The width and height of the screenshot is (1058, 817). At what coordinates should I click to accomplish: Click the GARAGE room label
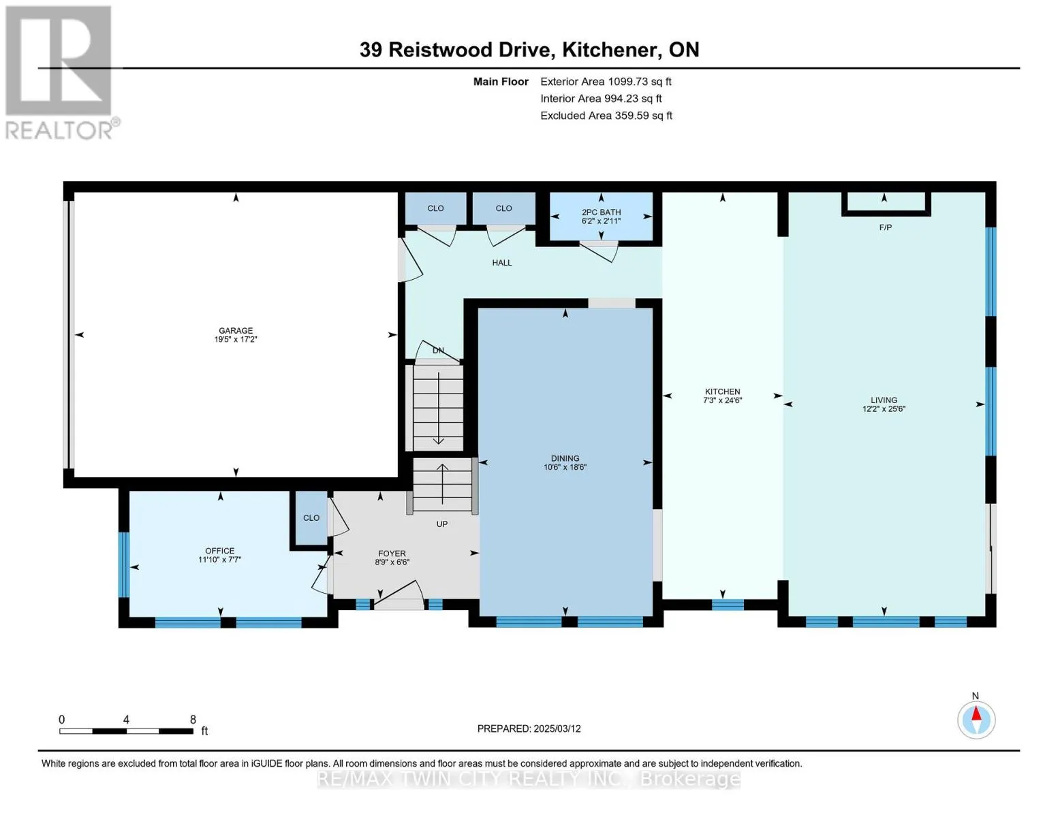(x=236, y=330)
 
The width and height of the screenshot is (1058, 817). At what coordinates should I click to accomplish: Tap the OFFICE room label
(x=219, y=551)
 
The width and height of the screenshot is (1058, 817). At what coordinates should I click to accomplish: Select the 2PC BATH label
(x=602, y=212)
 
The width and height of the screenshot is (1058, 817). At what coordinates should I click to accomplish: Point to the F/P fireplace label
(x=886, y=227)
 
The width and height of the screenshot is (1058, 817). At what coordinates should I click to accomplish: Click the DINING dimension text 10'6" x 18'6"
(x=565, y=467)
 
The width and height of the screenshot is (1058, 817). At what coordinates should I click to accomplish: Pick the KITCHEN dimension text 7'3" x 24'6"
(x=723, y=400)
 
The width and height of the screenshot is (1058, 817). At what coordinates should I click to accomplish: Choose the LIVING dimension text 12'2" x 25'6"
(x=884, y=409)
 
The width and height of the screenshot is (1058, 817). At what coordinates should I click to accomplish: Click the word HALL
(x=502, y=263)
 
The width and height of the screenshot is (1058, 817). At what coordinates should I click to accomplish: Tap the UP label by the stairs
(x=442, y=524)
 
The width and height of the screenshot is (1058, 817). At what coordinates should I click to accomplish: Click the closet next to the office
(x=311, y=517)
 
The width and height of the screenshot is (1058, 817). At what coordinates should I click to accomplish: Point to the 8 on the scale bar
(x=193, y=720)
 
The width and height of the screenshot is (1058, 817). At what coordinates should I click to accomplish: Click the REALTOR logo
(x=61, y=73)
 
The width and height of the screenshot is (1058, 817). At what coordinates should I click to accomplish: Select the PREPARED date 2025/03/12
(x=557, y=728)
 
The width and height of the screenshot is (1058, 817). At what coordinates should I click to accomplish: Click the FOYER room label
(x=392, y=554)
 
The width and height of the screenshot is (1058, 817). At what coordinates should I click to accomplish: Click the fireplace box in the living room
(x=886, y=204)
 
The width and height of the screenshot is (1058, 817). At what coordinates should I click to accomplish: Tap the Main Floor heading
(x=501, y=82)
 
